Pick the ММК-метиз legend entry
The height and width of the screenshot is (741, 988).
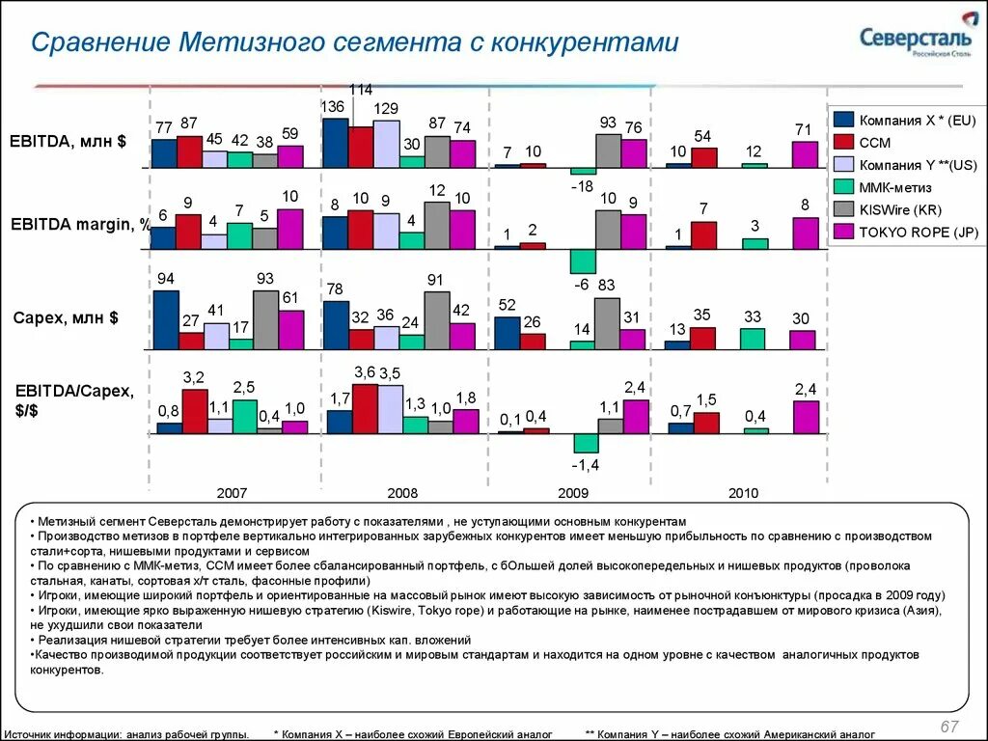point(892,187)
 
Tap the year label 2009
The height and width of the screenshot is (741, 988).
point(573,493)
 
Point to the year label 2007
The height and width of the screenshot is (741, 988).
point(233,493)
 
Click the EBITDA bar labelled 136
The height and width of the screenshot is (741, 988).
point(335,143)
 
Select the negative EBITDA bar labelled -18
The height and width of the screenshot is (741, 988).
point(583,171)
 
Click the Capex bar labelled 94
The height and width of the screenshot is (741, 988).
point(165,319)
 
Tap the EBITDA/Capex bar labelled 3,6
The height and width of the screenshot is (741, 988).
point(365,409)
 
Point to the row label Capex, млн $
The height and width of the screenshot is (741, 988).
point(66,317)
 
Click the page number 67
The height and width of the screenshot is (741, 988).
point(949,726)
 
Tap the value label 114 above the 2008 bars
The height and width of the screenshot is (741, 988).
point(360,90)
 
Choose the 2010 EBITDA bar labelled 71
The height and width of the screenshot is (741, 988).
point(804,154)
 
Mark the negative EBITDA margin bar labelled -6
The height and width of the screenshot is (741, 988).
point(583,261)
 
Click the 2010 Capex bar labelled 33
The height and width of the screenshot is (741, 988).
point(753,338)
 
